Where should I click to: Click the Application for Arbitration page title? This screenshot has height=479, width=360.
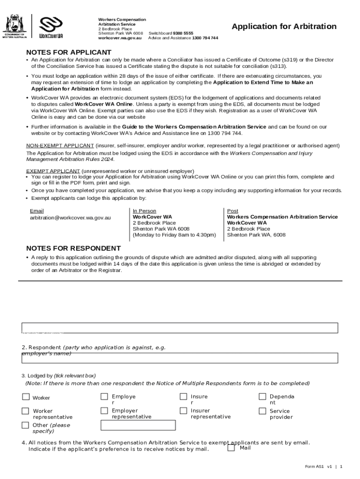pos(284,27)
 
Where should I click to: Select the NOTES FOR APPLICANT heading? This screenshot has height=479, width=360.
pos(69,52)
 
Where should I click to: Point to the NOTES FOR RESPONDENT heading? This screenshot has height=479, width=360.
pos(73,248)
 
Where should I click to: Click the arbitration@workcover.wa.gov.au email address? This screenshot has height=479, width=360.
pos(71,218)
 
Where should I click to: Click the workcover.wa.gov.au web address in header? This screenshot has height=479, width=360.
pos(120,38)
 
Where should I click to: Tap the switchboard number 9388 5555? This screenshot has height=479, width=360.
pos(183,34)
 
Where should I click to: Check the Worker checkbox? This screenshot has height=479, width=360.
pos(25,397)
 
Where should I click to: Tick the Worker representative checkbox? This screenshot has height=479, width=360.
pos(25,411)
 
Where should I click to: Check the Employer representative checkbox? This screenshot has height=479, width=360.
pos(104,411)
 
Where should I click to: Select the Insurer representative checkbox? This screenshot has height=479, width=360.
pos(183,411)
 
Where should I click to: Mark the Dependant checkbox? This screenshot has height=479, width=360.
pos(262,397)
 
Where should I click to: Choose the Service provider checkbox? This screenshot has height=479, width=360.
pos(262,411)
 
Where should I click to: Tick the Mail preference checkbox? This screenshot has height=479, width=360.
pos(231,448)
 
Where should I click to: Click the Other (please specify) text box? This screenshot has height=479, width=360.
pos(138,425)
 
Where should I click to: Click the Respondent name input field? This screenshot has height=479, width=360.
pos(180,358)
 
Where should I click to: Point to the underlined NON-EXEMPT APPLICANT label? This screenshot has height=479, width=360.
pos(60,145)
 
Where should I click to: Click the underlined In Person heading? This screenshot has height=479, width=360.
pos(144,211)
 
